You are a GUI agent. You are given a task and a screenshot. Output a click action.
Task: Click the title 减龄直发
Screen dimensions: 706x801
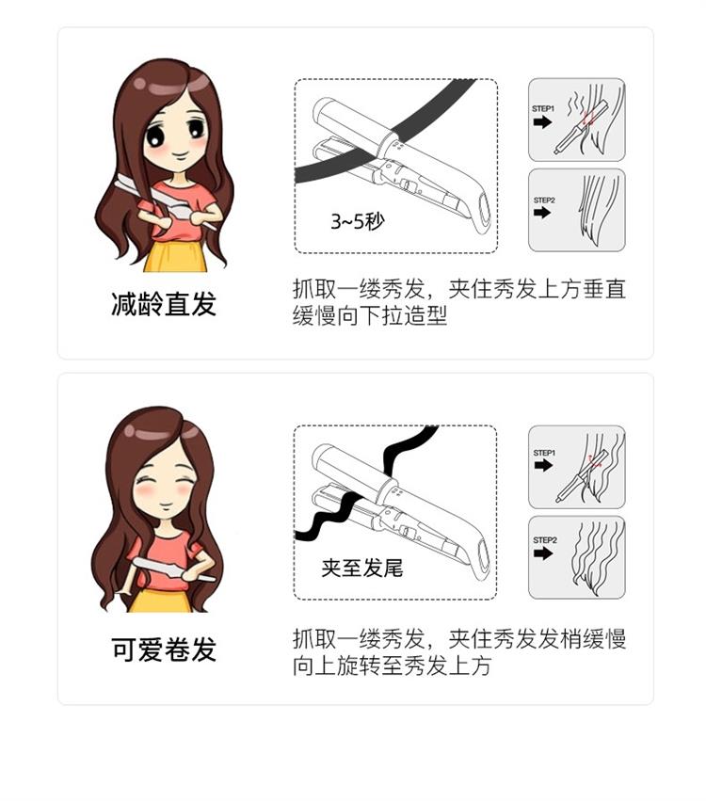pyautogui.click(x=164, y=304)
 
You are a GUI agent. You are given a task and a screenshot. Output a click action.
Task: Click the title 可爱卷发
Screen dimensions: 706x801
pyautogui.click(x=164, y=649)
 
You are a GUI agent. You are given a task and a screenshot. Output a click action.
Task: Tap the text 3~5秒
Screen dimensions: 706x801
pyautogui.click(x=357, y=221)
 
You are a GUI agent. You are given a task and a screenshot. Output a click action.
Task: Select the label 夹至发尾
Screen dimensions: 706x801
pyautogui.click(x=362, y=568)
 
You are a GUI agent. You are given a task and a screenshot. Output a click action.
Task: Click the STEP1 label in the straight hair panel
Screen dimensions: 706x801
pyautogui.click(x=542, y=109)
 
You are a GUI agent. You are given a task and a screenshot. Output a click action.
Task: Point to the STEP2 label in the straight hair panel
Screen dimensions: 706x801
pyautogui.click(x=543, y=200)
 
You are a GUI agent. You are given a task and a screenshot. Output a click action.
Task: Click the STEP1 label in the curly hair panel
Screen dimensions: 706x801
pyautogui.click(x=543, y=453)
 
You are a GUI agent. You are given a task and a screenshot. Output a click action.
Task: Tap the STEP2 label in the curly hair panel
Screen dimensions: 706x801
pyautogui.click(x=545, y=540)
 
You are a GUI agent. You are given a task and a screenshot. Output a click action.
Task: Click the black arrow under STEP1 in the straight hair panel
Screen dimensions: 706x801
pyautogui.click(x=542, y=122)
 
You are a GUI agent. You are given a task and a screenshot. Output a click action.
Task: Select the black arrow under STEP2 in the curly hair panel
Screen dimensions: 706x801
pyautogui.click(x=543, y=553)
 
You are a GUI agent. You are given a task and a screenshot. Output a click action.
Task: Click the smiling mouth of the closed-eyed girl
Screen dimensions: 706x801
pyautogui.click(x=165, y=505)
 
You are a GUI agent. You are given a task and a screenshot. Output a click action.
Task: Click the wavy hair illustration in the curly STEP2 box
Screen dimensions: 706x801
pyautogui.click(x=597, y=557)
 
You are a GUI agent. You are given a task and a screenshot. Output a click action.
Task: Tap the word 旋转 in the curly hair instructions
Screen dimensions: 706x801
pyautogui.click(x=360, y=665)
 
